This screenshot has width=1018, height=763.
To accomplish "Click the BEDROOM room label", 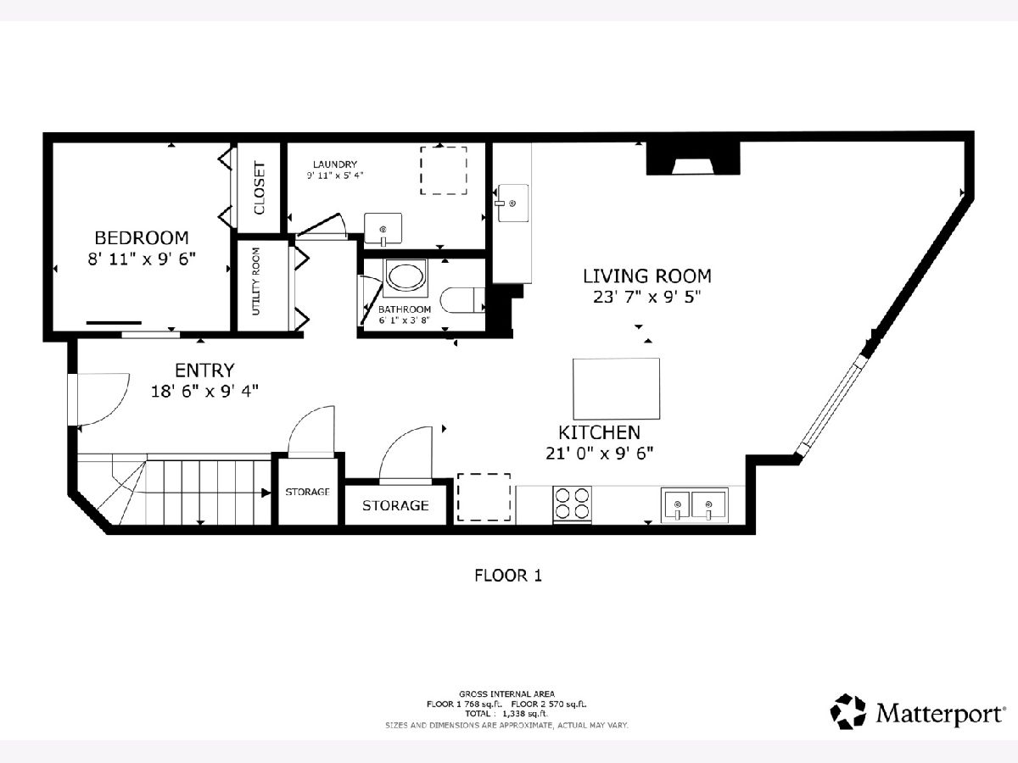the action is click(x=142, y=237).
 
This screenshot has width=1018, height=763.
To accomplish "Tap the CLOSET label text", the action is click(x=259, y=187).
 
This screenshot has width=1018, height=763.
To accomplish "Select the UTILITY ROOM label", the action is click(x=255, y=281).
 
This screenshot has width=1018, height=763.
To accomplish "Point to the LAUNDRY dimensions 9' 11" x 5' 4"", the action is click(x=334, y=175).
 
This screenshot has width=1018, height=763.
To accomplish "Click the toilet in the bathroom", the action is click(x=462, y=300).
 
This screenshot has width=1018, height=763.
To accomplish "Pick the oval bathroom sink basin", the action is click(x=406, y=277).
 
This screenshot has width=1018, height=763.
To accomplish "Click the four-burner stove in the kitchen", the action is click(x=572, y=504).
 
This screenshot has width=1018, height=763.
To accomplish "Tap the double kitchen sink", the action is click(x=694, y=504).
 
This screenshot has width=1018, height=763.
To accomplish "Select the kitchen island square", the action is click(x=616, y=388).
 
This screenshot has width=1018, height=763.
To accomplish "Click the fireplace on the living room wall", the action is click(x=693, y=159).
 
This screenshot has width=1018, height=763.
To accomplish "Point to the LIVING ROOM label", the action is click(x=647, y=276).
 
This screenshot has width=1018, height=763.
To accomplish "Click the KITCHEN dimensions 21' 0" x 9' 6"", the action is click(x=599, y=453).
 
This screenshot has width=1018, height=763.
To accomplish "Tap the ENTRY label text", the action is click(x=204, y=370).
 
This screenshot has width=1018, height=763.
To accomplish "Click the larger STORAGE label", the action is click(x=395, y=505).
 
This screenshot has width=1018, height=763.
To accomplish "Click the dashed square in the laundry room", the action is click(x=444, y=171).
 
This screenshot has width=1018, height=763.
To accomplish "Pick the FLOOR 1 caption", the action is click(x=508, y=576).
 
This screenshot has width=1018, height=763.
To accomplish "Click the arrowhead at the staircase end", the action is click(x=266, y=493).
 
